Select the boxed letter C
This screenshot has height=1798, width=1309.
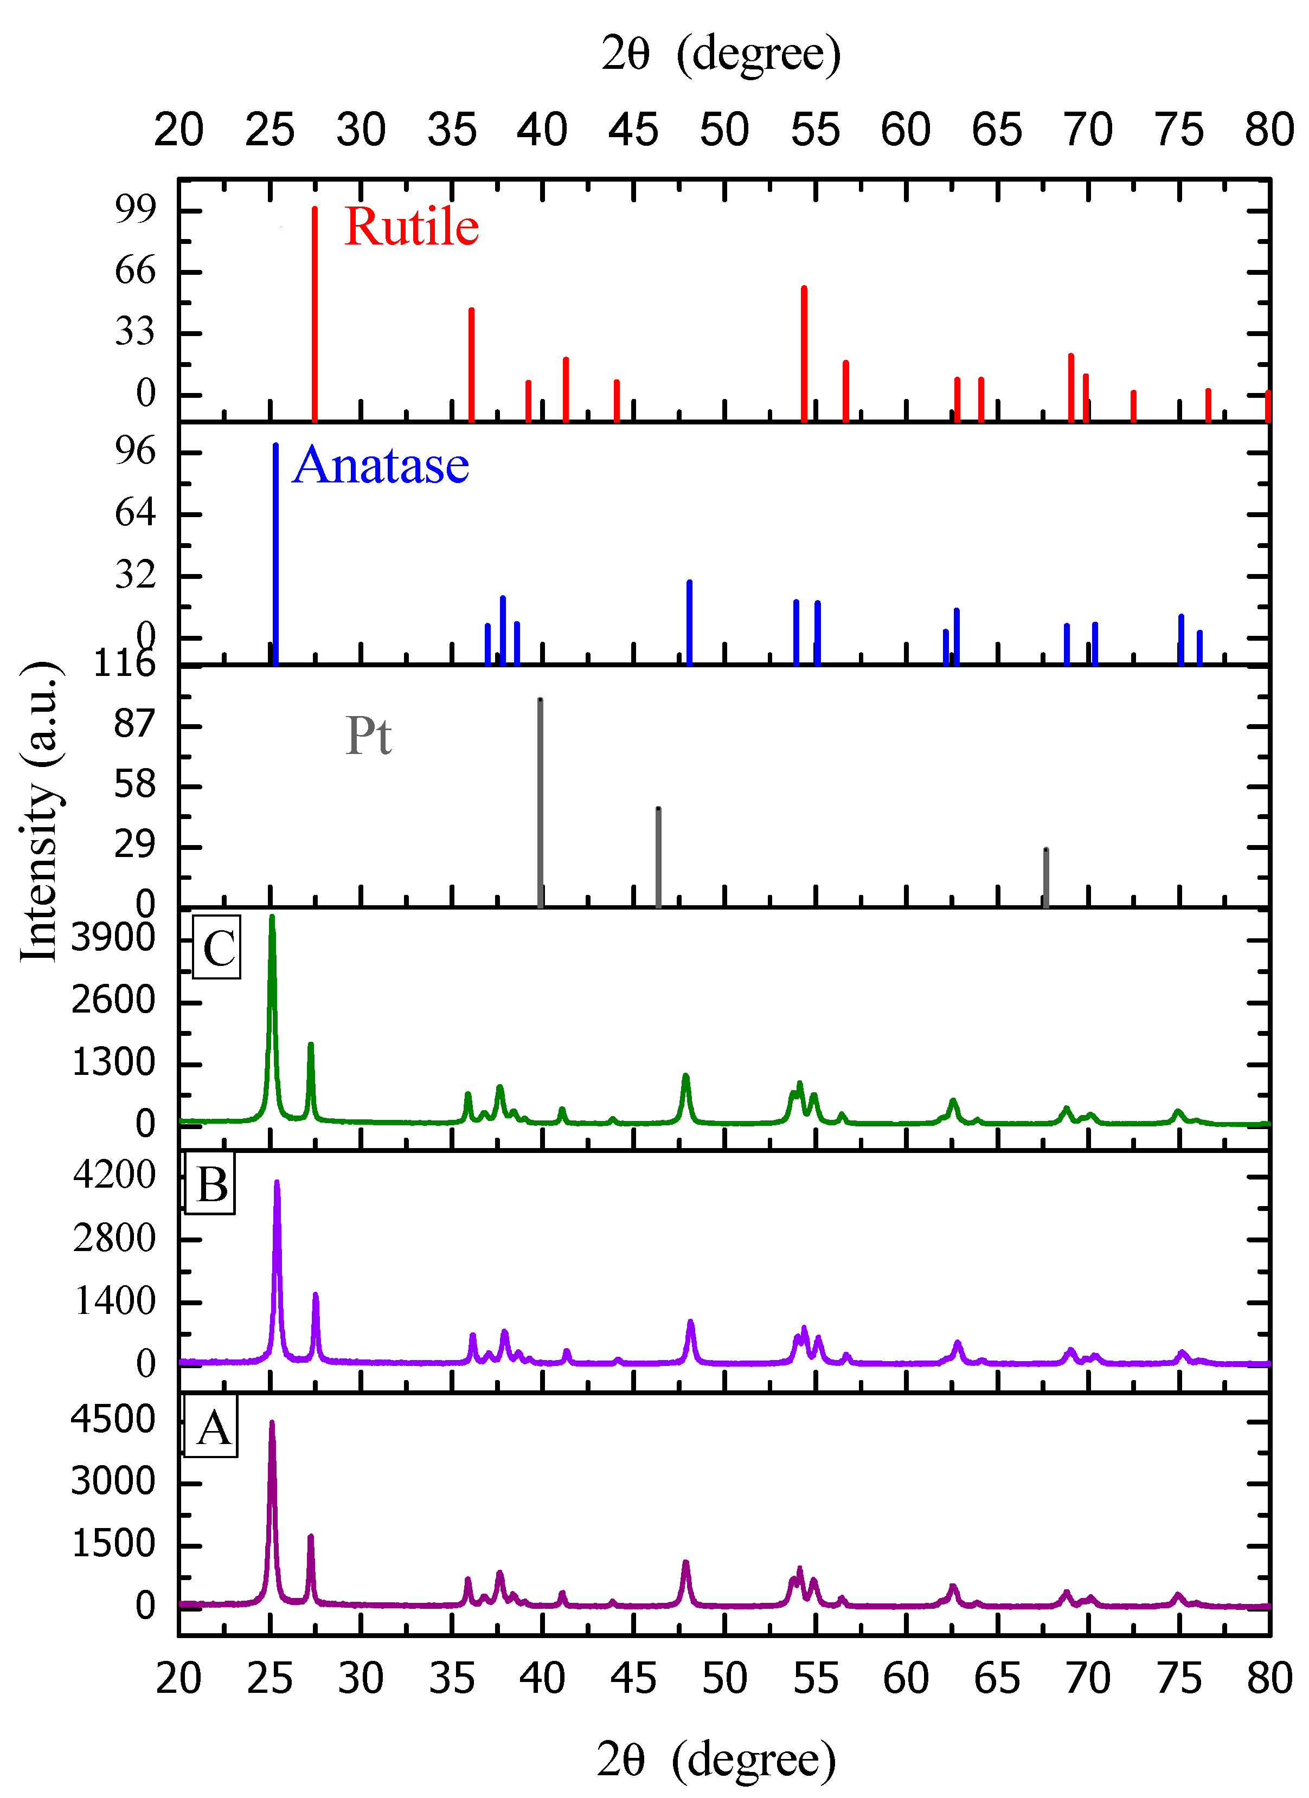click(x=217, y=948)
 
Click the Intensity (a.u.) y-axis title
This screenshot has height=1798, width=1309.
click(x=40, y=810)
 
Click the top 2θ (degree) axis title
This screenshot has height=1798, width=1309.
click(x=720, y=54)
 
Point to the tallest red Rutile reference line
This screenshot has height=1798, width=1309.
click(x=315, y=313)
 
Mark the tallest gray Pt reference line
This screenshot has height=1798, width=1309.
click(x=541, y=802)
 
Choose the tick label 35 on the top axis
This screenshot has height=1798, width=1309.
click(x=452, y=130)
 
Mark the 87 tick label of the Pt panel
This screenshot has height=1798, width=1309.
click(x=135, y=723)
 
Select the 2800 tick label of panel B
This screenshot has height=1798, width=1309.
click(x=114, y=1238)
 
